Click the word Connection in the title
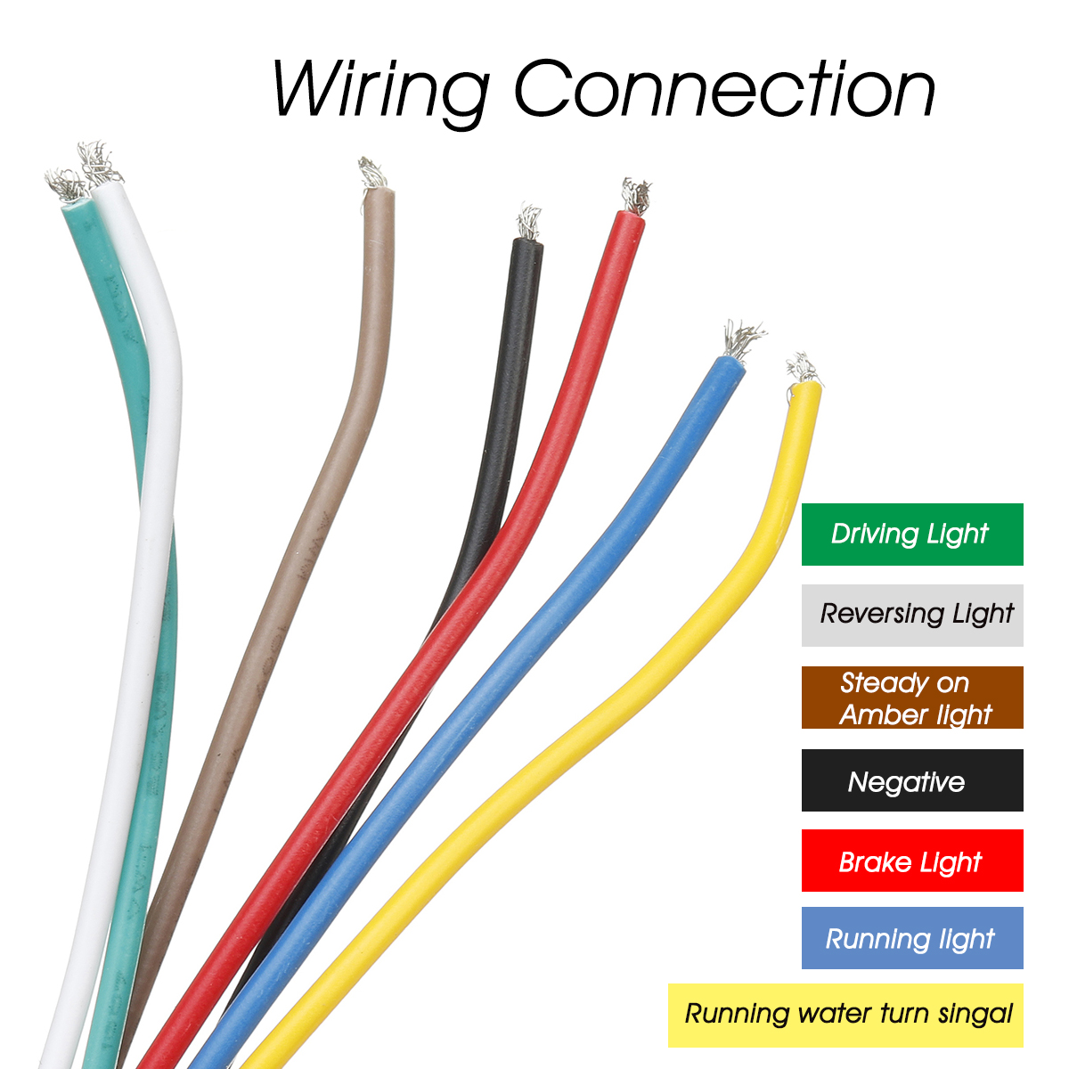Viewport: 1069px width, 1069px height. click(x=724, y=89)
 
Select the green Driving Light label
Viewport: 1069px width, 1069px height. click(x=912, y=534)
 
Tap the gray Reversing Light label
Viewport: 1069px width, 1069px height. click(x=912, y=615)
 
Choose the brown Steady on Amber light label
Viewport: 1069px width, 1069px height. click(x=912, y=698)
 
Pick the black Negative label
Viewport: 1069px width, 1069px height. click(x=912, y=780)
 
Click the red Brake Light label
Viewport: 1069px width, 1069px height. click(x=912, y=861)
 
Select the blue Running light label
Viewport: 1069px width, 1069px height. click(x=912, y=938)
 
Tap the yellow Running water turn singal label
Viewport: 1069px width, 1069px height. click(x=845, y=1015)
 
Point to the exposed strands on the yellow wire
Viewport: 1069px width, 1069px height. click(x=803, y=369)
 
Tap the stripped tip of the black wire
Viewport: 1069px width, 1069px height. click(x=528, y=222)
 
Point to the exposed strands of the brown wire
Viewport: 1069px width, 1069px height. click(x=372, y=173)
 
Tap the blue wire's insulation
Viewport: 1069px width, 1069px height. click(x=570, y=624)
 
